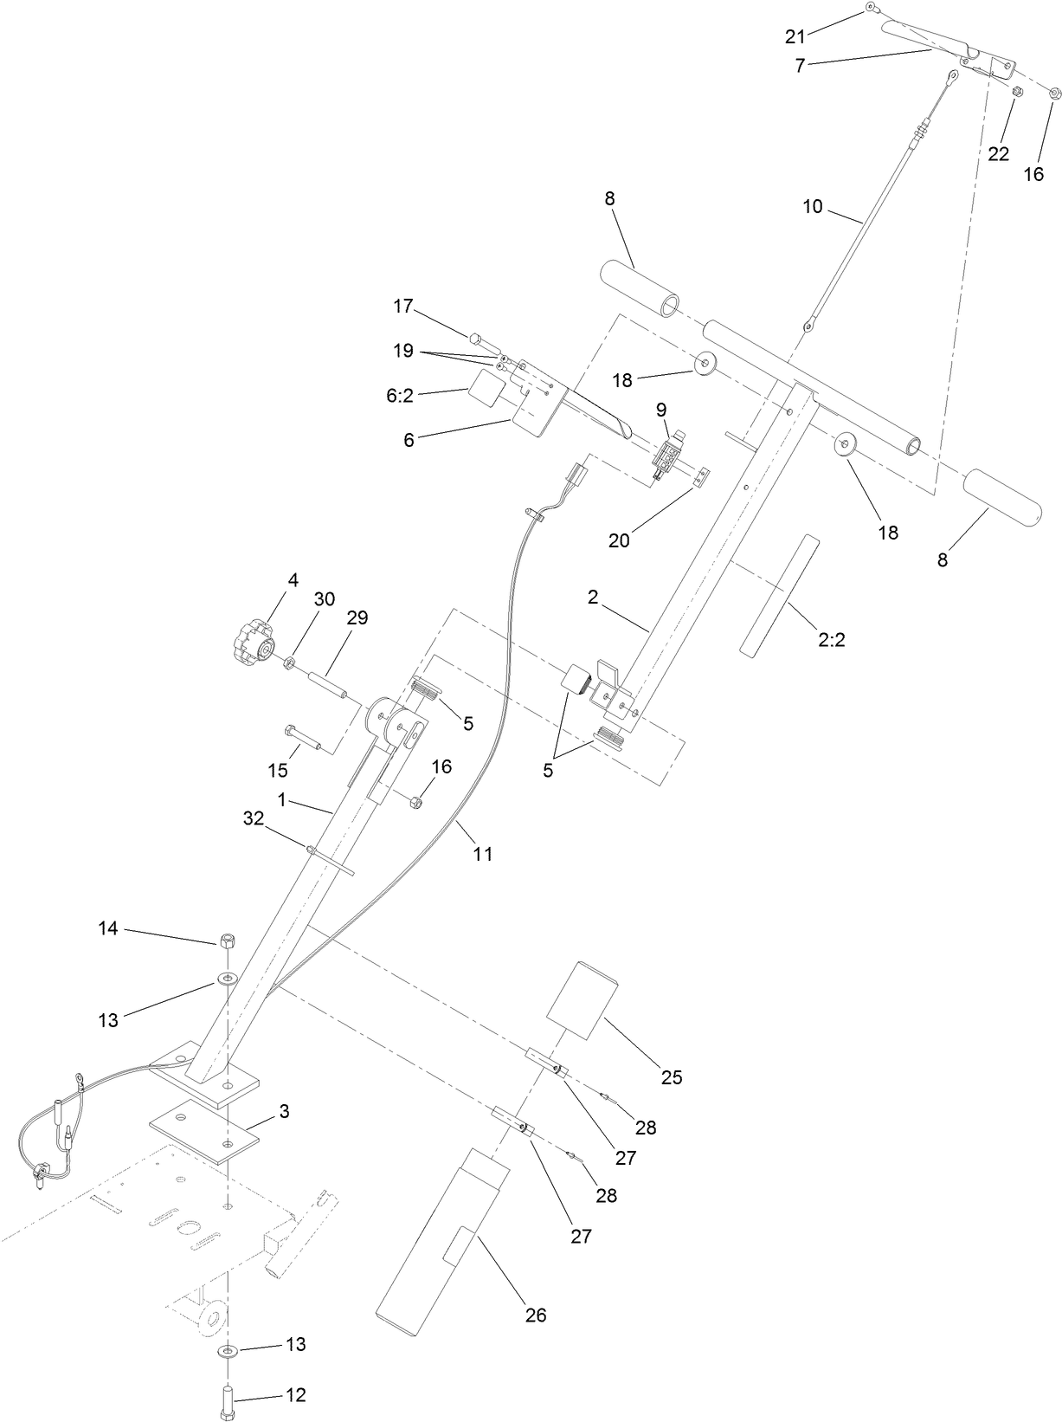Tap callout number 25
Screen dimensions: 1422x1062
[x=672, y=1077]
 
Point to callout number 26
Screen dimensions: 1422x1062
[x=536, y=1315]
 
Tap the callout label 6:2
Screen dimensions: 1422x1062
[x=400, y=396]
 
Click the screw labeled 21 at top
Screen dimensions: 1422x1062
[x=869, y=9]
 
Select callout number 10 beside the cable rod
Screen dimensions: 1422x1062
[x=813, y=207]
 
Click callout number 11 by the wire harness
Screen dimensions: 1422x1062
[x=483, y=854]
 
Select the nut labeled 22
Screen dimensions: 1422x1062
[x=1018, y=90]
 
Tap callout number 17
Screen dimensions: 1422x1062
[x=402, y=306]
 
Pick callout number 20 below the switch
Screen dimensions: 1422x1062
[x=619, y=540]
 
